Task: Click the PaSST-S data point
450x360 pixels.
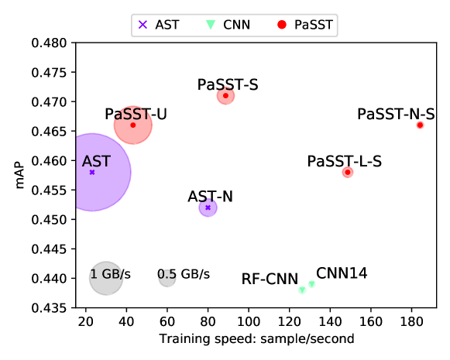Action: point(225,96)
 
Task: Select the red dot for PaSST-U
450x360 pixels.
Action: point(132,125)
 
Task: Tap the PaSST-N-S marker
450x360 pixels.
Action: point(420,125)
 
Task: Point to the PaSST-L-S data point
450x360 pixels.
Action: point(347,172)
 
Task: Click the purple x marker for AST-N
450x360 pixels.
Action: point(208,207)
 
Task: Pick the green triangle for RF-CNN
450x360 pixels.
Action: point(302,290)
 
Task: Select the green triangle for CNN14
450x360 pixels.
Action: point(311,283)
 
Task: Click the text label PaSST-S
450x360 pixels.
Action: point(228,84)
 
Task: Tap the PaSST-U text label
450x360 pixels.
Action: point(136,115)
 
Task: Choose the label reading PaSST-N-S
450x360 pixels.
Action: point(396,115)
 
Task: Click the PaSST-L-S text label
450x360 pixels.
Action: point(344,161)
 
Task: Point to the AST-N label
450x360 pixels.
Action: point(210,197)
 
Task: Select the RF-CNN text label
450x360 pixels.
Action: point(270,279)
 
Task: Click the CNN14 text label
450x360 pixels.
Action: point(342,273)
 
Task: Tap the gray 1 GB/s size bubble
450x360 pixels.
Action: point(106,278)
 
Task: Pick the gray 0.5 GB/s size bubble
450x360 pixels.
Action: point(167,278)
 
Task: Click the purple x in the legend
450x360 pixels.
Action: point(143,25)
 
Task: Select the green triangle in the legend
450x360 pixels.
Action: point(209,25)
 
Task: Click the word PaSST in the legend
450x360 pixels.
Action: point(313,25)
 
